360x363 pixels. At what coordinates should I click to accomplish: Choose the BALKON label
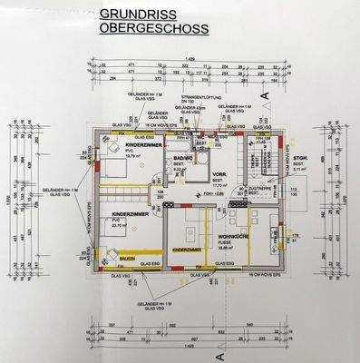click(126, 258)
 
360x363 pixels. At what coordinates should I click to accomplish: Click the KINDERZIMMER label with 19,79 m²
click(143, 145)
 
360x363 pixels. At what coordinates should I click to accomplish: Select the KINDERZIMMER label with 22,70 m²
click(131, 215)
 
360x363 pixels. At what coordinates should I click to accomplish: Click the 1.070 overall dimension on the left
click(8, 201)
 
